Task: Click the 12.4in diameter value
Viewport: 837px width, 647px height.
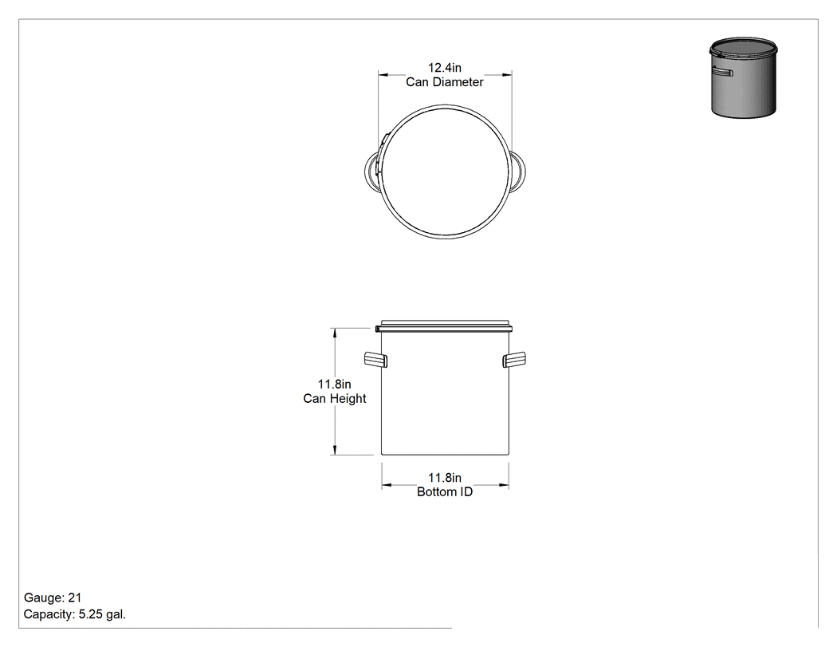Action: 445,68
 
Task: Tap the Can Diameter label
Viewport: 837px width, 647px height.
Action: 445,82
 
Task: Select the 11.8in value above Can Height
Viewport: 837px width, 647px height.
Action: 335,385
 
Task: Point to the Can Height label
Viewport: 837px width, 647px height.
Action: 335,399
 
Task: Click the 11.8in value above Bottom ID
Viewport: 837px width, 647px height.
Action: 445,478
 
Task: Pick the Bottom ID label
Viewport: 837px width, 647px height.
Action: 445,492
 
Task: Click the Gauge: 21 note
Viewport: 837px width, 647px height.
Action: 53,598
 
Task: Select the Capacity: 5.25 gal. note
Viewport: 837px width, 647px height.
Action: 75,614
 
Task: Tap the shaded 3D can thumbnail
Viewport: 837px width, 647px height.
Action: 743,77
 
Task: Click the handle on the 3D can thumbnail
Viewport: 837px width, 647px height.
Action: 722,72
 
